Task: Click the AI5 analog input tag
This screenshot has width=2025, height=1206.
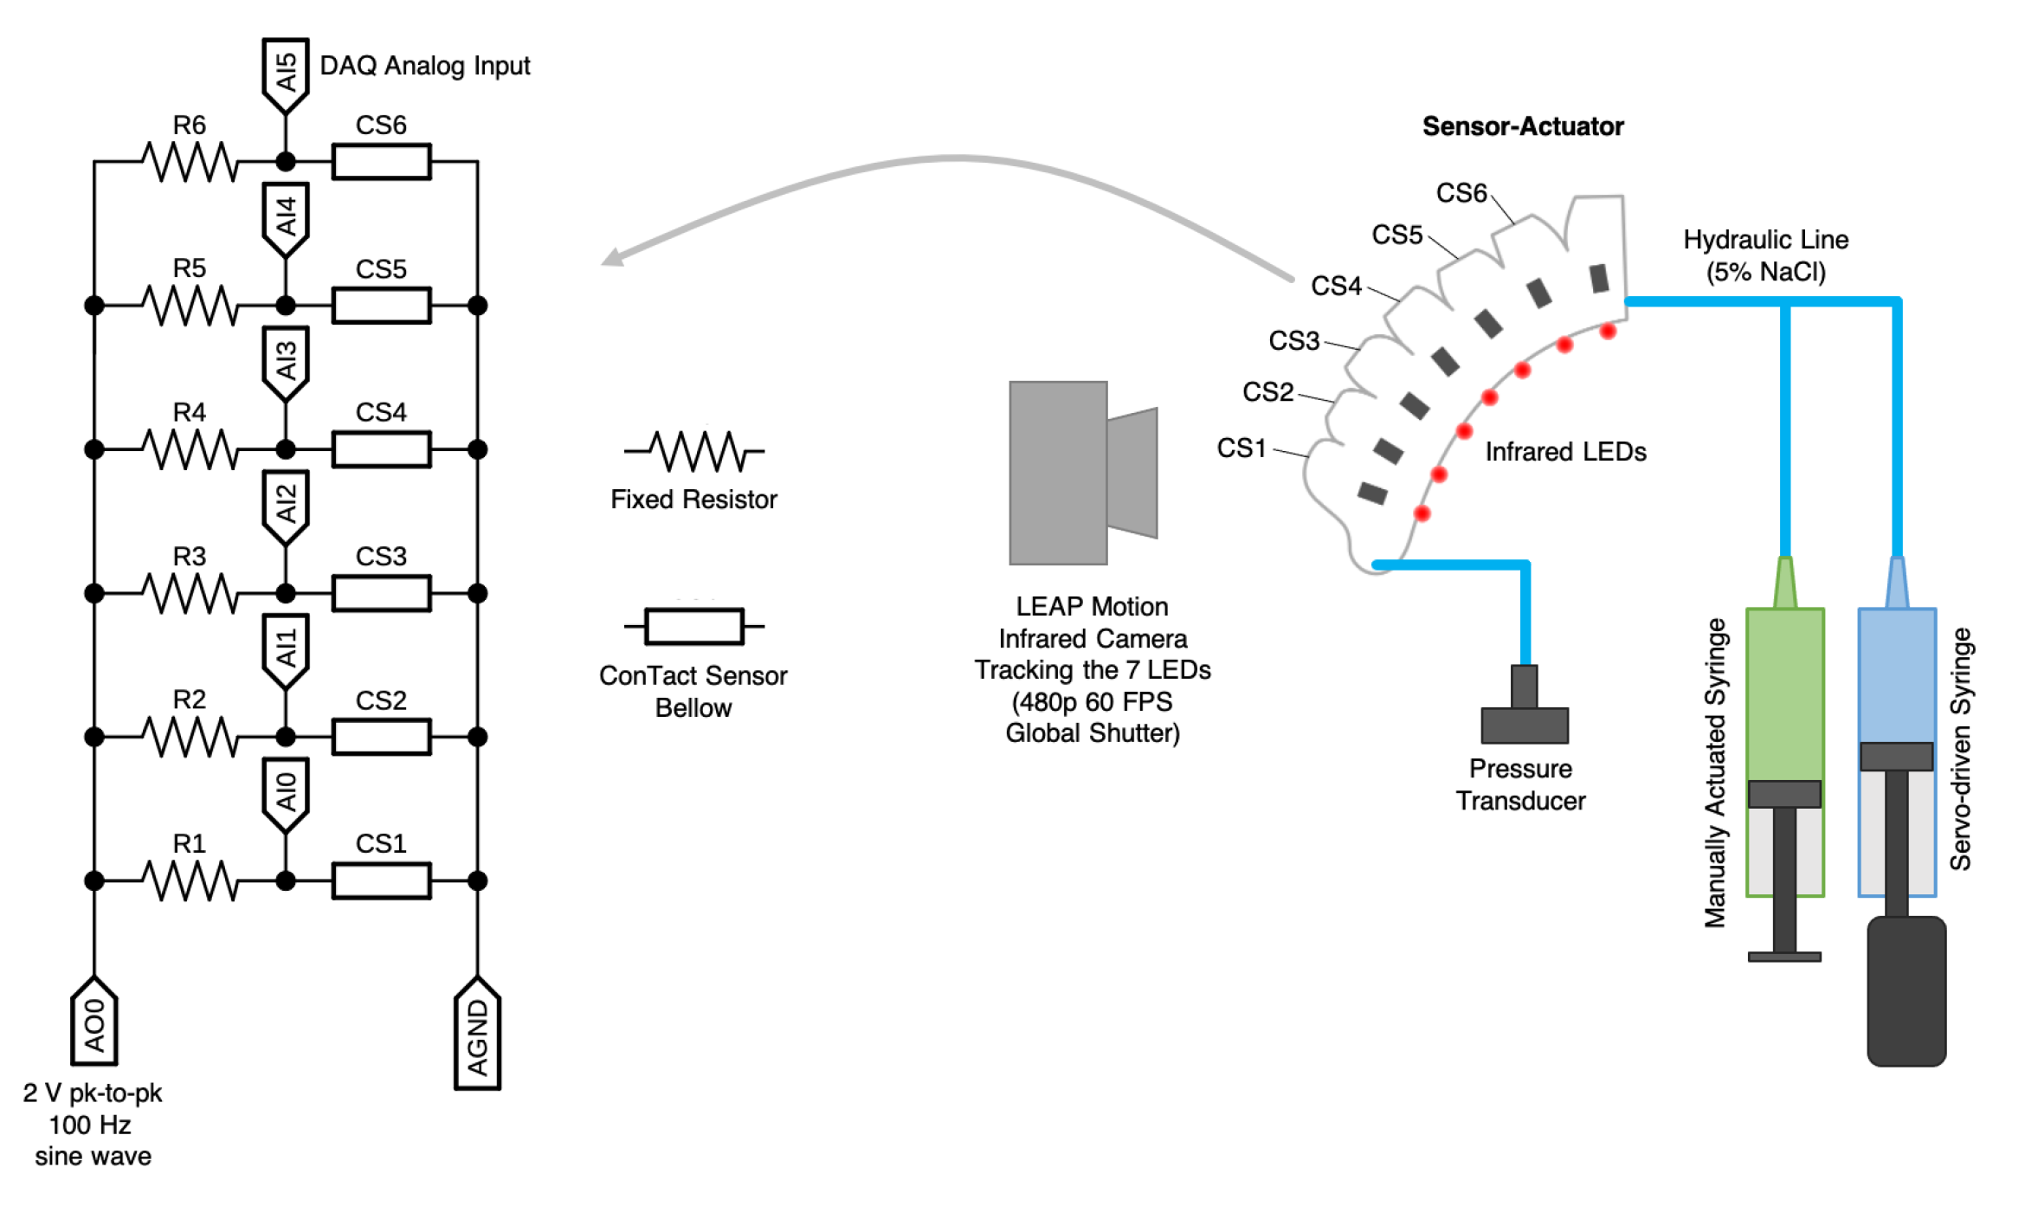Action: click(x=286, y=74)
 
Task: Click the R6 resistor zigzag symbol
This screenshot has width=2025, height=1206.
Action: click(x=190, y=162)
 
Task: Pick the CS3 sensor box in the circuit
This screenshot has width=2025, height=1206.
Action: click(x=381, y=594)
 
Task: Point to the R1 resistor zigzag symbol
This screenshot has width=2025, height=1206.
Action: click(x=190, y=881)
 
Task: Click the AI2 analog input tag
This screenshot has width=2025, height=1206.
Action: click(x=286, y=506)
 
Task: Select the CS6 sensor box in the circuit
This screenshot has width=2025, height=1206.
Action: click(x=381, y=162)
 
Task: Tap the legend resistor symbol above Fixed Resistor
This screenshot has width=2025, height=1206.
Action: click(x=694, y=451)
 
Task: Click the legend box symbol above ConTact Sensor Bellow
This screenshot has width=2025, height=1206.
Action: click(x=694, y=626)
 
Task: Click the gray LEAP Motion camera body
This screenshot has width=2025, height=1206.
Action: click(x=1058, y=474)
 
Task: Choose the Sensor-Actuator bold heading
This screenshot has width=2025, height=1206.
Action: click(x=1522, y=126)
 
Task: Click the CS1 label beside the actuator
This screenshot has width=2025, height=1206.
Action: click(x=1241, y=448)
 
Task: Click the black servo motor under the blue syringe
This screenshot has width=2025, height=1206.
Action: click(x=1906, y=992)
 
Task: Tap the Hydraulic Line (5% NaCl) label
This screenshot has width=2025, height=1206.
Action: click(x=1765, y=255)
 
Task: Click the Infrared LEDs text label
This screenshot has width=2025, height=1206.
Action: click(x=1565, y=452)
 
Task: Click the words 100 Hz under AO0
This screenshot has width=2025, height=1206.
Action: click(x=90, y=1125)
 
